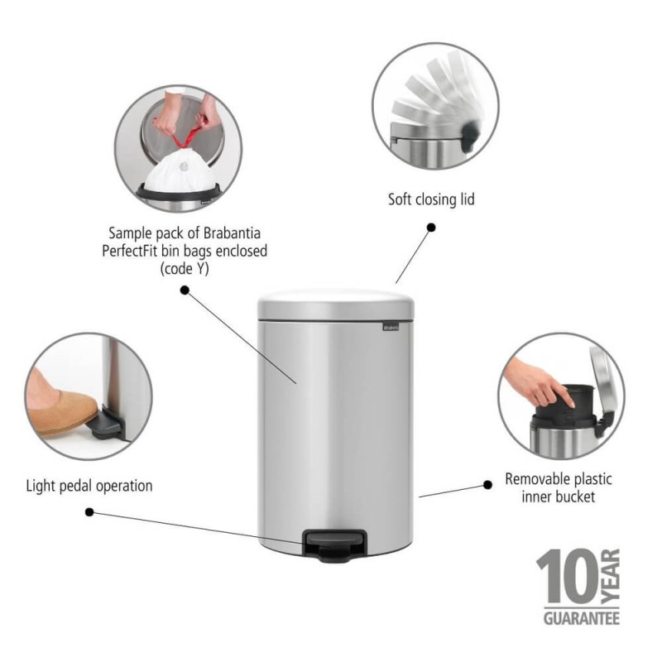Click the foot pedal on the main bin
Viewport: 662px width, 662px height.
[333, 545]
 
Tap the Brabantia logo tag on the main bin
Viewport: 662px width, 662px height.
[391, 327]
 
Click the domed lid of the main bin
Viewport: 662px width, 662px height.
[336, 305]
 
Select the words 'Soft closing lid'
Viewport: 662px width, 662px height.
[431, 199]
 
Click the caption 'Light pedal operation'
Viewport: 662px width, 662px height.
[89, 486]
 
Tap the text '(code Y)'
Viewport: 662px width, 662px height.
[185, 269]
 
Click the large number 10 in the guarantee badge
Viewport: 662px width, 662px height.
[568, 577]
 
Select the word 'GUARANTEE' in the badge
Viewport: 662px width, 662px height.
[582, 619]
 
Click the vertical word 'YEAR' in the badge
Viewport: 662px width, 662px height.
[611, 576]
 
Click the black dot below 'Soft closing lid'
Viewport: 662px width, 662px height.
[431, 228]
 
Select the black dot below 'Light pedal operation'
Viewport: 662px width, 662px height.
[89, 512]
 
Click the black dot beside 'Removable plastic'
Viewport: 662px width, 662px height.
[487, 485]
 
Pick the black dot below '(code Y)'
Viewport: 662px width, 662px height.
[185, 290]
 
